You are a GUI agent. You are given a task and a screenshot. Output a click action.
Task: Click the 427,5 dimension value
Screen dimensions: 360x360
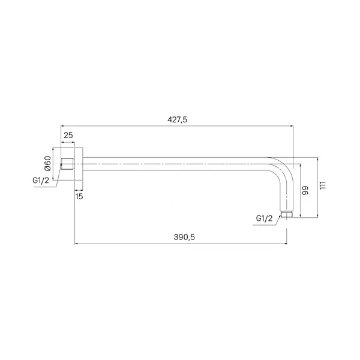[177, 119]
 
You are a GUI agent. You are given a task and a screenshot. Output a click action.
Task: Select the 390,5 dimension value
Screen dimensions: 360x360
[184, 237]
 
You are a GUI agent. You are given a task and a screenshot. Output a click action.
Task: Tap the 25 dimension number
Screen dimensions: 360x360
[68, 135]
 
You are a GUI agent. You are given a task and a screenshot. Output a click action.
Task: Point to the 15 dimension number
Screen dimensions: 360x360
[79, 196]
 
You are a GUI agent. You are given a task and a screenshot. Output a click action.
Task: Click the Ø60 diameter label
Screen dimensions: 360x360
[47, 163]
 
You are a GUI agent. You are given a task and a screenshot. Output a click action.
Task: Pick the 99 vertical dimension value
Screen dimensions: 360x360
[305, 191]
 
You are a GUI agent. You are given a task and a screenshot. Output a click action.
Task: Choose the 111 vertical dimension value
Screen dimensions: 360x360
[323, 185]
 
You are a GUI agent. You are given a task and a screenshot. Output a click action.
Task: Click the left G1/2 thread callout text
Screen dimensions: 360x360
[41, 181]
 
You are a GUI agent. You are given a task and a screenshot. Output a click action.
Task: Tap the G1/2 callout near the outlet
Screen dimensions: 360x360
[264, 218]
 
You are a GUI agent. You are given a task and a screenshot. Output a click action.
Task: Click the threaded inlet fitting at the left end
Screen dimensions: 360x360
[67, 164]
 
